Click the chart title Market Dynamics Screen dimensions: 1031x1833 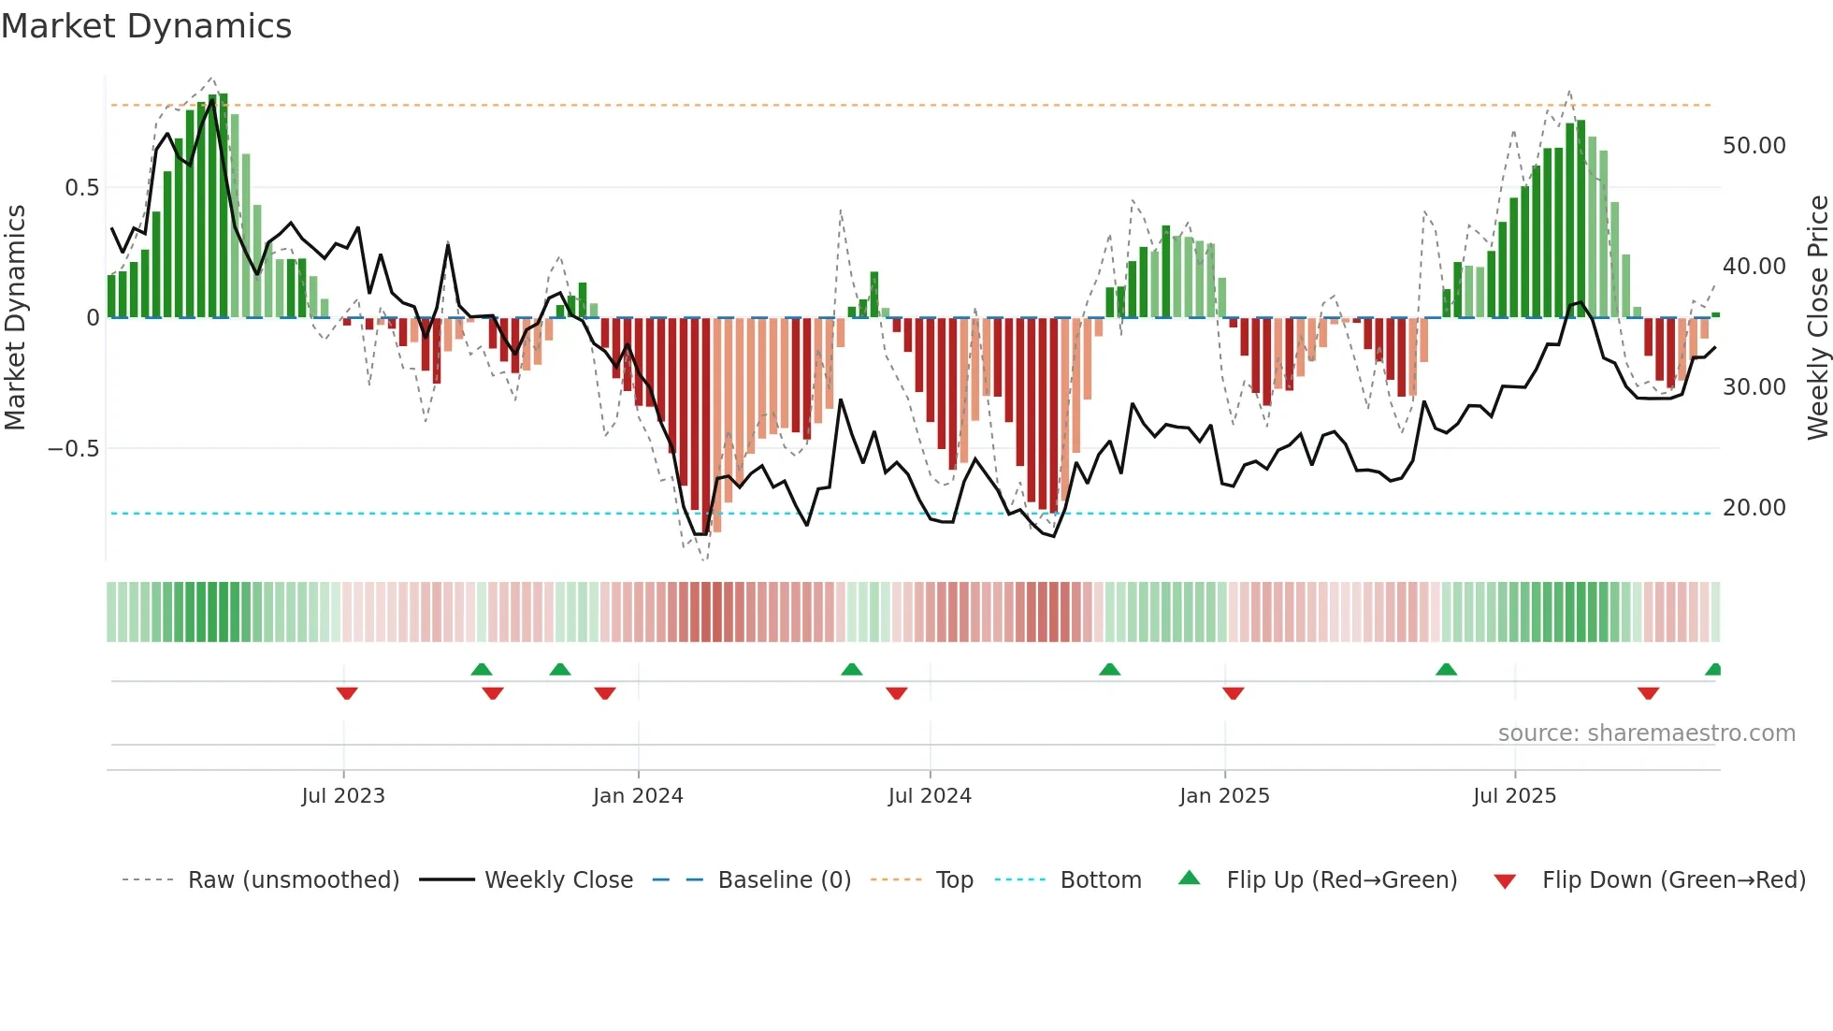146,26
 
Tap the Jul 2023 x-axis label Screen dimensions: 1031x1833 343,796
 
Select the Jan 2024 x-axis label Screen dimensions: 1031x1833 638,796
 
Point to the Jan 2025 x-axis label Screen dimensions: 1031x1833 1224,796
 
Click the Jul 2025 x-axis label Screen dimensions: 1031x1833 1514,796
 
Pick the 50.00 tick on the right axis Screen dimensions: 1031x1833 1754,146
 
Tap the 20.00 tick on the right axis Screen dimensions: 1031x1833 1754,508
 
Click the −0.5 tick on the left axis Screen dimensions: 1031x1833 73,449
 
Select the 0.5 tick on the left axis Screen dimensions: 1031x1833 81,188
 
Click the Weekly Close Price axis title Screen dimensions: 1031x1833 1817,318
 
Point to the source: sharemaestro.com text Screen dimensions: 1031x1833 1646,733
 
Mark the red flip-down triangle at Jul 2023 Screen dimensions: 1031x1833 347,693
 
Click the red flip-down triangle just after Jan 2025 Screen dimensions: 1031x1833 1233,693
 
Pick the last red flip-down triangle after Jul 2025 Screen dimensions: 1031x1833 1648,693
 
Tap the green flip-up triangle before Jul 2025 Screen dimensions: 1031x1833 1446,669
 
